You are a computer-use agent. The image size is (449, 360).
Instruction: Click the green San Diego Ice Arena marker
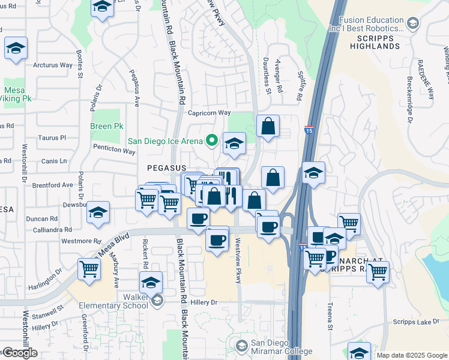(x=211, y=141)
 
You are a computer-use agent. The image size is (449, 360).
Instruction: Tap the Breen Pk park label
(x=106, y=127)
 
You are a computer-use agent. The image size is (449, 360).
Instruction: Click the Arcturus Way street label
(x=53, y=65)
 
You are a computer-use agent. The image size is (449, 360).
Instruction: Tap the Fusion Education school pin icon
(x=412, y=23)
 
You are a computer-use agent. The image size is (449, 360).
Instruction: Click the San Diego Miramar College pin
(x=241, y=346)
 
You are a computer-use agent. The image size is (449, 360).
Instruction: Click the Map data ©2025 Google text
(x=411, y=355)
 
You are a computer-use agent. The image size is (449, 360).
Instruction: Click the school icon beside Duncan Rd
(x=98, y=212)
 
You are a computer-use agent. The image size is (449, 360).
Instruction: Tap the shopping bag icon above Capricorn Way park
(x=268, y=126)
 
